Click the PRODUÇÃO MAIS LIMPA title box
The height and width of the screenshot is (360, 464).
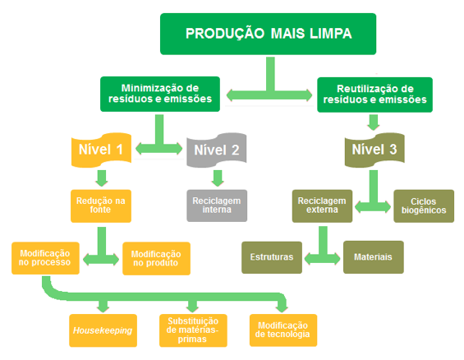pos(268,34)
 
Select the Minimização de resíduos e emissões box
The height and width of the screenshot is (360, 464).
pos(160,94)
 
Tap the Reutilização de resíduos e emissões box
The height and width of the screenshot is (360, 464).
pos(374,95)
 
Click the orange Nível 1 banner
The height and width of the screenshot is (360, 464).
pos(101,150)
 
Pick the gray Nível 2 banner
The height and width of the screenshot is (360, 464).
pos(217,150)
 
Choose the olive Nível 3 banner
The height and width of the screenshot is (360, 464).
pos(374,150)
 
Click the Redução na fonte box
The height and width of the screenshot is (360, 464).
pos(101,205)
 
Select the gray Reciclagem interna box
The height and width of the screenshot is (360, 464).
pos(217,205)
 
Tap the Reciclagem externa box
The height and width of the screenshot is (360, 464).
pos(322,205)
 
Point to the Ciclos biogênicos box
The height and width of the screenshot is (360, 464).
pos(424,205)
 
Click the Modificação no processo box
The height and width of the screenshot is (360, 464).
pos(45,258)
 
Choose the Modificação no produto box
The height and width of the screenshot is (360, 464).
pos(156,258)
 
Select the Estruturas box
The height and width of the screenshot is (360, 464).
pos(272,257)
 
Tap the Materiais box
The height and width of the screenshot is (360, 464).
pos(374,257)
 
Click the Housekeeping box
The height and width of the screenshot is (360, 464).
pos(103,330)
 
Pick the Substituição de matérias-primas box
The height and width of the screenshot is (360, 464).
pos(193,330)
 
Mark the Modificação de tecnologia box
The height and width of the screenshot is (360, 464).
pos(283,330)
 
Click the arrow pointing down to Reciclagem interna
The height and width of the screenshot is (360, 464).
pos(218,178)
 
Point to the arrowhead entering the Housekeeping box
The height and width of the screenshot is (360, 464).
pos(103,308)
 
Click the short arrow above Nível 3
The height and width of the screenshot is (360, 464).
pos(374,122)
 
